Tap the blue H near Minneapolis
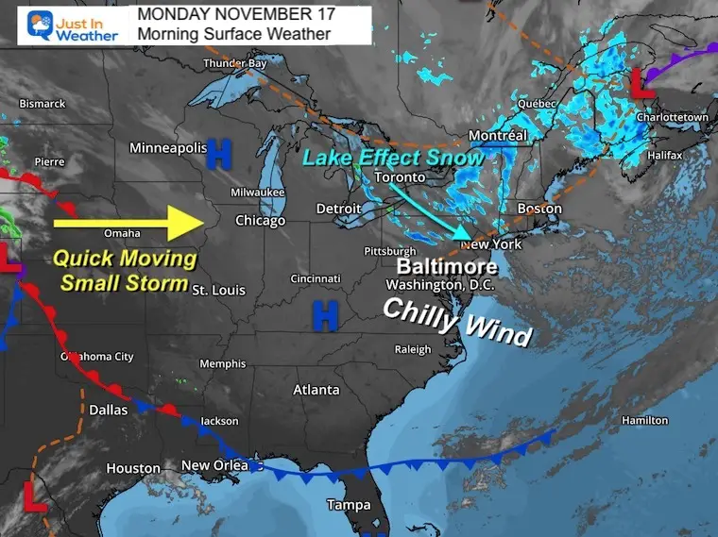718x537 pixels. pos(220,150)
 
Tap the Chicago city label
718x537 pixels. pos(260,221)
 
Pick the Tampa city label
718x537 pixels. pos(349,505)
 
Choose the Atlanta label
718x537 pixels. pos(316,390)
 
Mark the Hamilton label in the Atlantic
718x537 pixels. pos(645,420)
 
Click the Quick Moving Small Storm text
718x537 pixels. pos(124,269)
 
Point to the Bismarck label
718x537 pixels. pos(42,103)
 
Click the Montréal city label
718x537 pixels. pos(497,136)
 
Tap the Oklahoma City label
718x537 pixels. pos(97,357)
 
